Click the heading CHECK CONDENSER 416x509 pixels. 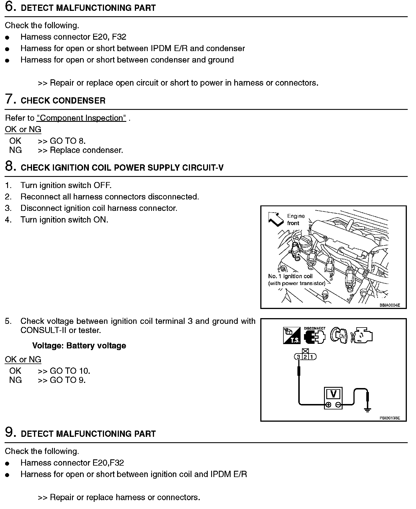click(x=63, y=101)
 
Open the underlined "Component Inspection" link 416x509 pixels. click(x=81, y=118)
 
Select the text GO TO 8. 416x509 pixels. click(x=68, y=141)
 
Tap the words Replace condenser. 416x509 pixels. click(x=86, y=150)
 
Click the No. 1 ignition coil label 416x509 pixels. click(x=290, y=276)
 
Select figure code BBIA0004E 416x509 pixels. click(x=389, y=305)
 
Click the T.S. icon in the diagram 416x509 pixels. click(x=292, y=336)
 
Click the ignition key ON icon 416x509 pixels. click(x=339, y=335)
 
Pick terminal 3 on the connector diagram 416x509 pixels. click(x=298, y=357)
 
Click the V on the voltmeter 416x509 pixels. click(x=333, y=394)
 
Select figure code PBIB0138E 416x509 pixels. click(x=389, y=418)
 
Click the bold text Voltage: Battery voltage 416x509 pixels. click(x=79, y=346)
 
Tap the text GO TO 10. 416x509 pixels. click(x=70, y=371)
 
